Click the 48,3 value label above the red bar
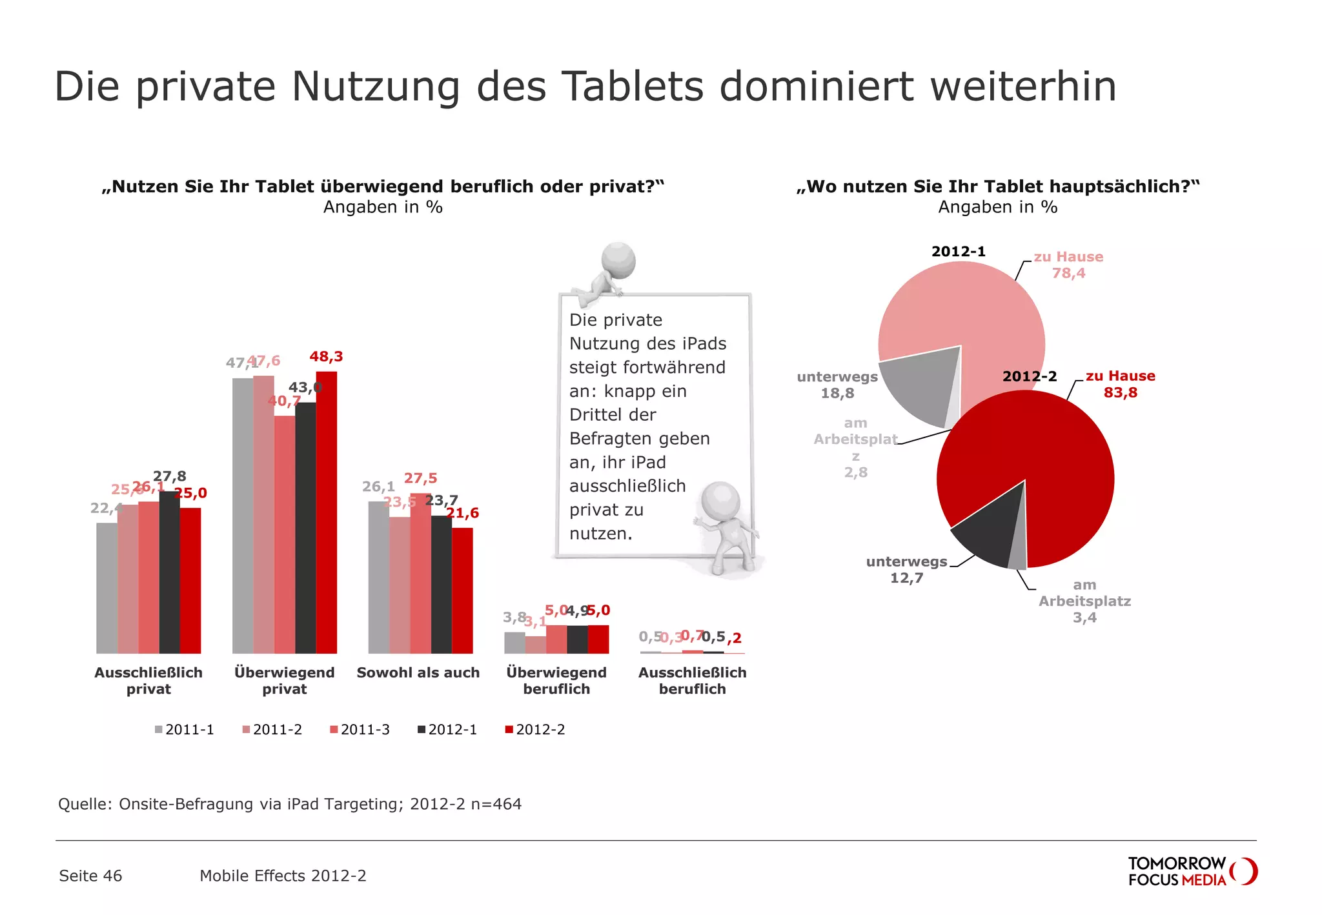pos(326,356)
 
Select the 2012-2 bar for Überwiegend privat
pos(326,512)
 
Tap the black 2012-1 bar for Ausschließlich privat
pos(169,572)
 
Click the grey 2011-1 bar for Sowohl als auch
pos(378,578)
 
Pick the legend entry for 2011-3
pos(360,730)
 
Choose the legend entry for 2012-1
pos(447,730)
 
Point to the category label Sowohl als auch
pos(418,672)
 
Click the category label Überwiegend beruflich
pos(556,680)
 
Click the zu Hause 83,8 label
pos(1120,384)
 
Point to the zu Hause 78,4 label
pos(1068,265)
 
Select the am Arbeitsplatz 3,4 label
pos(1084,601)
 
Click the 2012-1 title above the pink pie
pos(958,251)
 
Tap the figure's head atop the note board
pos(618,260)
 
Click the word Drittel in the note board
pos(612,414)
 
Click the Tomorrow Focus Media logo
pos(1192,871)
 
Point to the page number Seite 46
pos(90,876)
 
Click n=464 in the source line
pos(496,804)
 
